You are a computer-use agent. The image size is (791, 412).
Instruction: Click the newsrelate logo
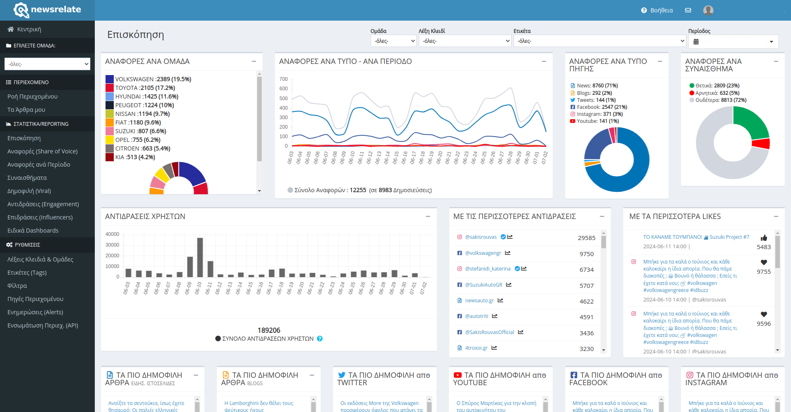[47, 10]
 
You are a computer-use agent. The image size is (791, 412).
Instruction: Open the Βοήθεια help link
[657, 10]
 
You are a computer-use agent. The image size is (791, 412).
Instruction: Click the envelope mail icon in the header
[688, 10]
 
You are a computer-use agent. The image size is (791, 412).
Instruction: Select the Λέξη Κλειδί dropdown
[465, 41]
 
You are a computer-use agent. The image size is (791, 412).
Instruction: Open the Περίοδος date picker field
[733, 42]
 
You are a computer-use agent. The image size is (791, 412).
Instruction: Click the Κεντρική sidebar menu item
[24, 29]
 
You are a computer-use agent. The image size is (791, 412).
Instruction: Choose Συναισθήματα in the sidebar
[27, 178]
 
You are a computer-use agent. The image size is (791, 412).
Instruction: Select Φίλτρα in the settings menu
[17, 286]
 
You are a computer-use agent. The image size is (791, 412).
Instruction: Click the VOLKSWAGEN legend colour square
[110, 79]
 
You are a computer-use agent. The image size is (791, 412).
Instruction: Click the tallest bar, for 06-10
[200, 257]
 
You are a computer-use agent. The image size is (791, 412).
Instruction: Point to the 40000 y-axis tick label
[112, 234]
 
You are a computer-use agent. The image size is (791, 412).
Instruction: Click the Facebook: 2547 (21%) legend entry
[599, 107]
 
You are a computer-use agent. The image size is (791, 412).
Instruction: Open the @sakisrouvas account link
[481, 237]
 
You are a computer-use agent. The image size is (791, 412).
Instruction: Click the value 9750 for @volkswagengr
[587, 254]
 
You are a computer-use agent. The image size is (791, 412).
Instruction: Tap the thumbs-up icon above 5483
[764, 238]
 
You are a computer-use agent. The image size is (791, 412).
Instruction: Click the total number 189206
[269, 330]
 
